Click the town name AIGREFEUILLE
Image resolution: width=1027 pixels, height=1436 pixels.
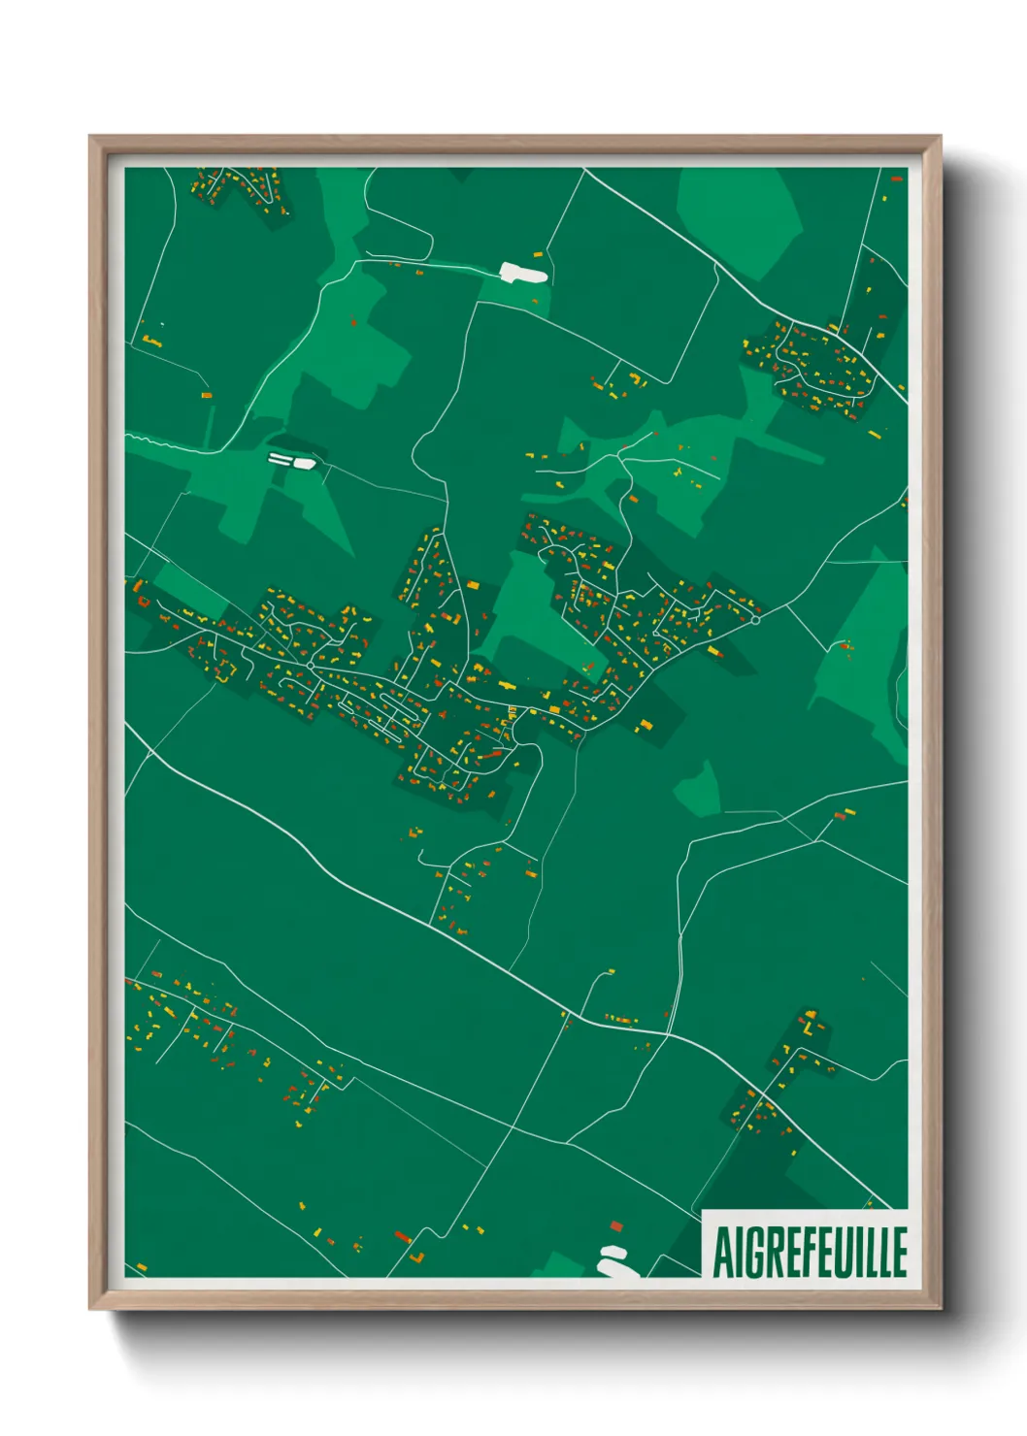coord(810,1252)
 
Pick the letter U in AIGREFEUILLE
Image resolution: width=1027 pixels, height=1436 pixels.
coord(849,1252)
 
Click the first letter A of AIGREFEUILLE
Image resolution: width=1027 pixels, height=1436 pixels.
coord(722,1252)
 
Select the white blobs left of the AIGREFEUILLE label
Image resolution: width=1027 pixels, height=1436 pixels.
coord(613,1260)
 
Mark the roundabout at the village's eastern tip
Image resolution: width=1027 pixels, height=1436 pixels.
coord(755,618)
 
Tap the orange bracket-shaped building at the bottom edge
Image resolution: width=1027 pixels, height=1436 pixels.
coord(417,1257)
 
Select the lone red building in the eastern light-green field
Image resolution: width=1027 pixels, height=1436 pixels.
coord(845,644)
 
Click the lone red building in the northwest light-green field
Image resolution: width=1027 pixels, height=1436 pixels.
coord(353,321)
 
